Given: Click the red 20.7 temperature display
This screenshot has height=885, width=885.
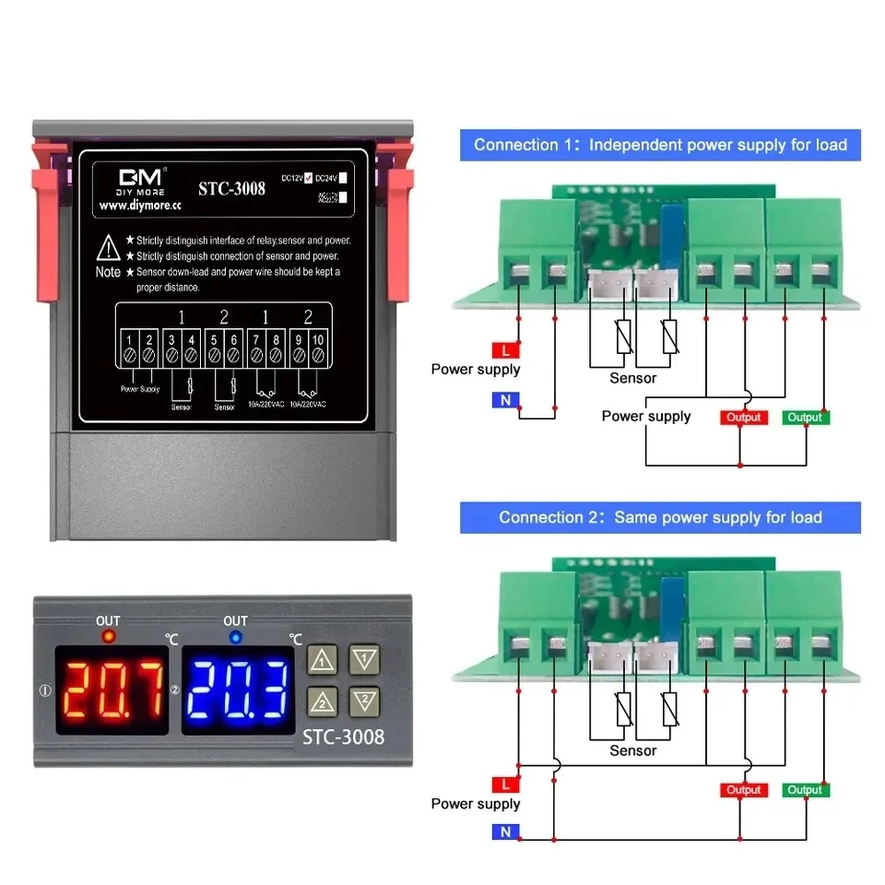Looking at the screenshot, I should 112,690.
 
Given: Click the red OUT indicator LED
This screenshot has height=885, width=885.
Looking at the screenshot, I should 108,636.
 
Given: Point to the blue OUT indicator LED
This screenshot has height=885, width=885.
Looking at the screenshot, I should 236,636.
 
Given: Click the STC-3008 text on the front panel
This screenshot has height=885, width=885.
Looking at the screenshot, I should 344,737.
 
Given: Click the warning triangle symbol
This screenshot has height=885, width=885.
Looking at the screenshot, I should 109,247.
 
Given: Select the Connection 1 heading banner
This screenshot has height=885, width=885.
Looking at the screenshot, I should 660,145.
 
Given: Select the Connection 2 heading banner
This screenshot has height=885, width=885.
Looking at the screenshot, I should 660,517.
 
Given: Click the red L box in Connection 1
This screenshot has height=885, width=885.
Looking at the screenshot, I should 506,350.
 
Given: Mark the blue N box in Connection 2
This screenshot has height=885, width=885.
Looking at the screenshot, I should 506,832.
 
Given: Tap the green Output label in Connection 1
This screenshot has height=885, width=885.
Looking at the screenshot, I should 805,418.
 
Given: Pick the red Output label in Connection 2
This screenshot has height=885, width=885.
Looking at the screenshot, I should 743,790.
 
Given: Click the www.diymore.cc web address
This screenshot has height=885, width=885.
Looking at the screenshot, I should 140,206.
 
